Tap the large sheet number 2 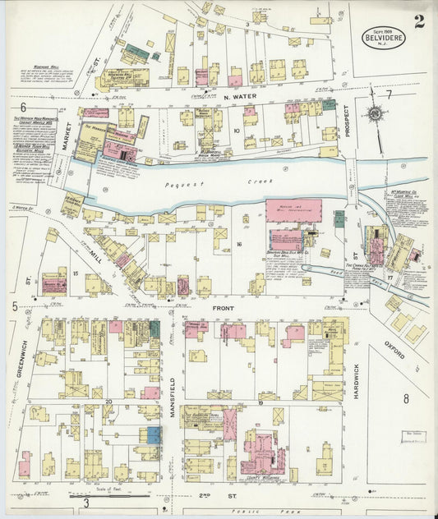click(x=419, y=21)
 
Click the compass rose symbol click(x=375, y=113)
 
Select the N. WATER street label click(x=235, y=97)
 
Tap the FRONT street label click(x=224, y=309)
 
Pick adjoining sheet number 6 click(x=23, y=108)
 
